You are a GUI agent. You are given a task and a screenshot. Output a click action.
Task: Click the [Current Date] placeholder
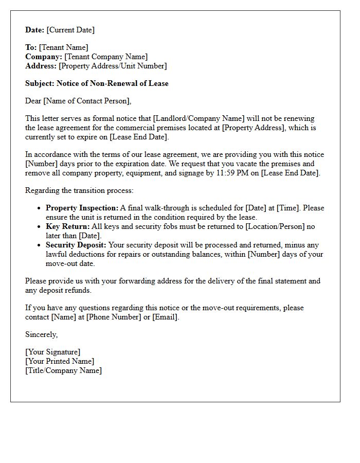click(70, 30)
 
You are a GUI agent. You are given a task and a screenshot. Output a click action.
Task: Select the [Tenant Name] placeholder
click(63, 47)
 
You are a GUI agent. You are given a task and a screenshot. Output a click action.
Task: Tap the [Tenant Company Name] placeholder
click(106, 57)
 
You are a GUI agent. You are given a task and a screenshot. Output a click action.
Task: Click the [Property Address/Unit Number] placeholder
click(113, 66)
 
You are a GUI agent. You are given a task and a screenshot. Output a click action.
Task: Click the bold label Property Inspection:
click(82, 208)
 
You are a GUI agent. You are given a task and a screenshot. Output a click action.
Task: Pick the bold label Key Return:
click(67, 226)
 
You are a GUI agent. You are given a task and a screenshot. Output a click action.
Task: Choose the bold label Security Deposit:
click(76, 245)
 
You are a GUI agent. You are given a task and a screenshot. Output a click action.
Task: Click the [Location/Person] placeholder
click(275, 226)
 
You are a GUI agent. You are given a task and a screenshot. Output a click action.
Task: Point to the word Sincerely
click(41, 334)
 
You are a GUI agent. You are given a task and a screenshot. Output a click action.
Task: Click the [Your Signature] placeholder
click(52, 352)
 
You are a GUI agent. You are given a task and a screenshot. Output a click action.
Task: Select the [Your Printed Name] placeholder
click(60, 361)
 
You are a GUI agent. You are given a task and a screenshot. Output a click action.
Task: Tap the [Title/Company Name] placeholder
click(63, 370)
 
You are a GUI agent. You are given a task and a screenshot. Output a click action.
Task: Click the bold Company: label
click(44, 57)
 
